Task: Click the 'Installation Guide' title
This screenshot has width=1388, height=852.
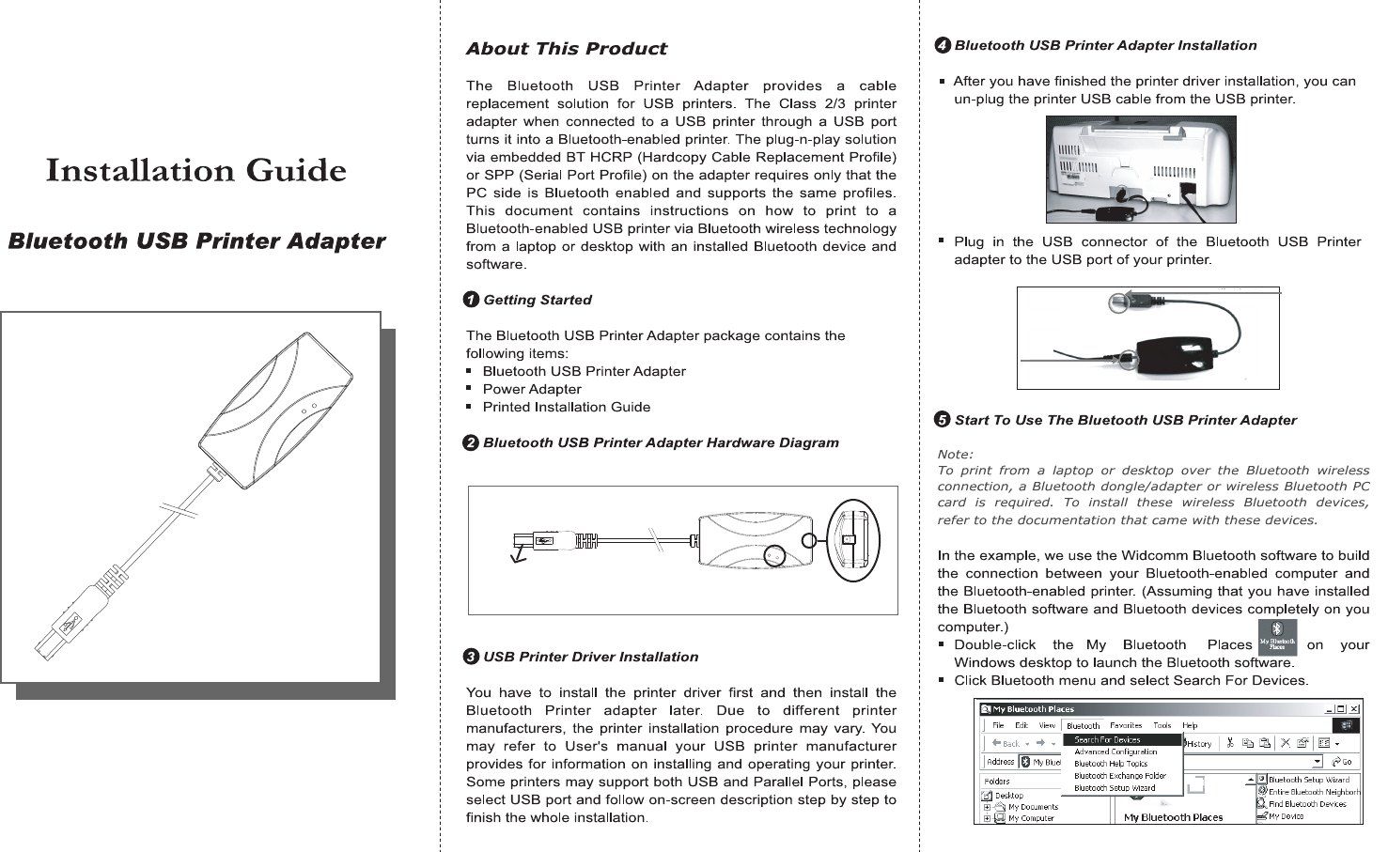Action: coord(196,171)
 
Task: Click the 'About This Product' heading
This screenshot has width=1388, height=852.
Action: coord(566,49)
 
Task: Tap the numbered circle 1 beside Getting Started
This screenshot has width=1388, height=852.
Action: coord(472,300)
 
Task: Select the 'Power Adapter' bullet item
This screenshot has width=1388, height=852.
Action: coord(532,389)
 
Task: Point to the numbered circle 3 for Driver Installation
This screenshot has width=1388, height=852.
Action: coord(472,657)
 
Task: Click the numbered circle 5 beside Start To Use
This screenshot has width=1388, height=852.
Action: coord(943,420)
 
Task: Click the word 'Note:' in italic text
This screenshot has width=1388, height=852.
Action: coord(955,455)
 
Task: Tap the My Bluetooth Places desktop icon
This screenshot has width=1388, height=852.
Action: coord(1277,638)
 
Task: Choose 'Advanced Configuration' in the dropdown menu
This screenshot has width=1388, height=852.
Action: coord(1115,752)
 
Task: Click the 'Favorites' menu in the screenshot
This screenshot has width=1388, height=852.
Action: coord(1126,726)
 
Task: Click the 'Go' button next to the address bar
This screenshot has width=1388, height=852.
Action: coord(1343,762)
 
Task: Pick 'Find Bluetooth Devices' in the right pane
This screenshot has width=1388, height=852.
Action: coord(1307,804)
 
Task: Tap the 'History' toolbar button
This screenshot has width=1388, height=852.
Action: coord(1199,744)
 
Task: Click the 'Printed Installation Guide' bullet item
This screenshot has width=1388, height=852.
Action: coord(566,407)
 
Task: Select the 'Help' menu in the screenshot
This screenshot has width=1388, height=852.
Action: coord(1190,726)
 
